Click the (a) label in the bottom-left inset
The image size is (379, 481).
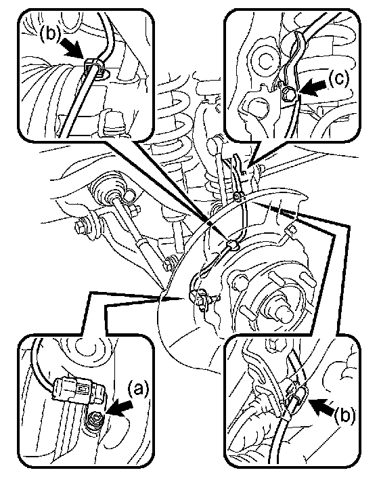pyautogui.click(x=137, y=390)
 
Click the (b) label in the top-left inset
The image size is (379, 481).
pyautogui.click(x=51, y=33)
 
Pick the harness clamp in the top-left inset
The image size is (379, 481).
pyautogui.click(x=94, y=68)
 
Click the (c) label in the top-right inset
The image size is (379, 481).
pyautogui.click(x=339, y=79)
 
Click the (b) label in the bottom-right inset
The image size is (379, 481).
pyautogui.click(x=344, y=415)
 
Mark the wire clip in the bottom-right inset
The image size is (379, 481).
pyautogui.click(x=296, y=398)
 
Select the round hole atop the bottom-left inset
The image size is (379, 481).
pyautogui.click(x=86, y=348)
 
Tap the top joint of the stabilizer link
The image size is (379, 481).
pyautogui.click(x=215, y=144)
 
